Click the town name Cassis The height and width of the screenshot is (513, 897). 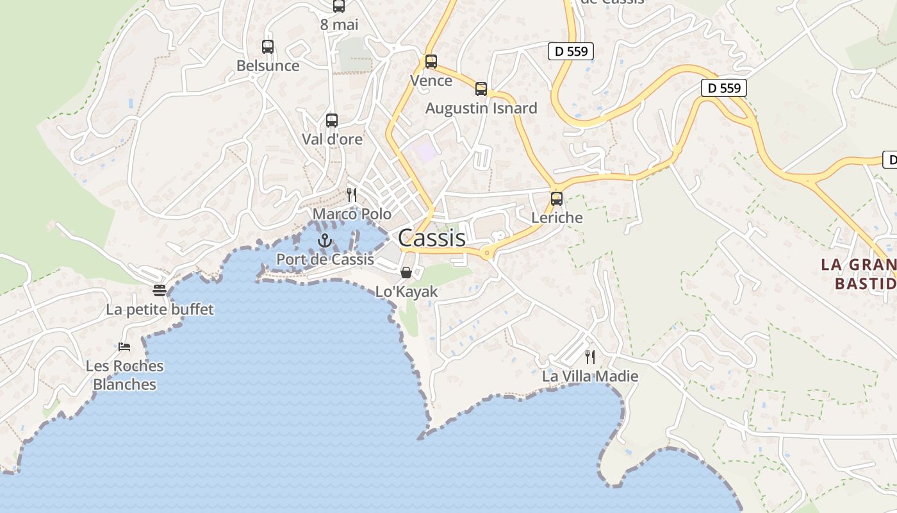[431, 238]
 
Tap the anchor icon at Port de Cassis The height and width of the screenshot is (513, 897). [325, 241]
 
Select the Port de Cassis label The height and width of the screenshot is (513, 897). [325, 260]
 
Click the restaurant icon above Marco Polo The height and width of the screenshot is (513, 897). [352, 194]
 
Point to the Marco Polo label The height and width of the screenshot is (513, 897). [352, 214]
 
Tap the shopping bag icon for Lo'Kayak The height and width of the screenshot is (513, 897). [406, 273]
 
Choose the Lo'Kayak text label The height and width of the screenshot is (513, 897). [406, 292]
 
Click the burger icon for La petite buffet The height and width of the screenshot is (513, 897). [160, 290]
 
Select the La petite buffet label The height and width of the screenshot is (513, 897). [160, 310]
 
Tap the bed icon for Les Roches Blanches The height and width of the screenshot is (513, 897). [124, 347]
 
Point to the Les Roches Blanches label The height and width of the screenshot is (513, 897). [125, 375]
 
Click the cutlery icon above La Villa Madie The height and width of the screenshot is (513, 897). [590, 357]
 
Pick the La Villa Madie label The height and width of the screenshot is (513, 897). [590, 376]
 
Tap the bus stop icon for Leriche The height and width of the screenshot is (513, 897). [557, 199]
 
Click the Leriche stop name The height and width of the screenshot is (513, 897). [557, 218]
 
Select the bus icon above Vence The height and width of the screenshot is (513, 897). [431, 62]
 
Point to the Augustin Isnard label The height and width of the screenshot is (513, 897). [481, 108]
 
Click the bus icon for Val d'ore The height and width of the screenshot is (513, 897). [332, 120]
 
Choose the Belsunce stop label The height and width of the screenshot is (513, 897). [268, 66]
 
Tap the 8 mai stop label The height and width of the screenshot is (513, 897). [339, 25]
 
